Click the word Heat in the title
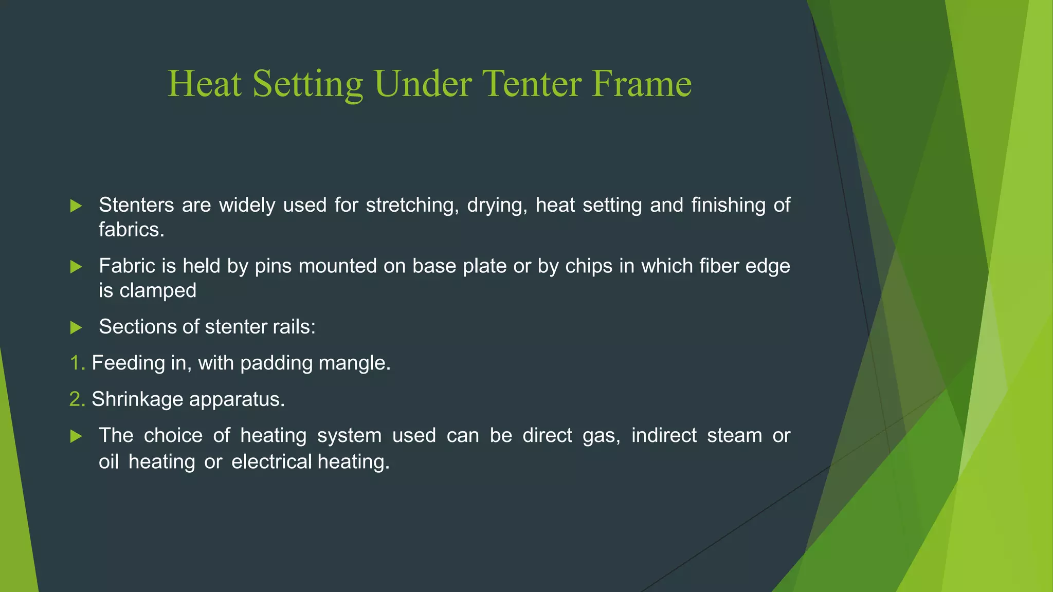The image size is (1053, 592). pos(205,84)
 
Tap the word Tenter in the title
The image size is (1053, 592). pos(533,84)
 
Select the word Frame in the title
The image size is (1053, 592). pos(641,84)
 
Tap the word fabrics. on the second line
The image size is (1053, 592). pos(132,230)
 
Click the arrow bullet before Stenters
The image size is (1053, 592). pos(76,206)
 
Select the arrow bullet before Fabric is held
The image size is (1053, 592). pos(76,267)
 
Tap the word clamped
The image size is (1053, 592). pos(158,291)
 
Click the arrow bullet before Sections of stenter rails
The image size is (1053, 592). pos(76,327)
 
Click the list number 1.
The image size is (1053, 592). pos(77,363)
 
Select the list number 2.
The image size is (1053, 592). pos(77,399)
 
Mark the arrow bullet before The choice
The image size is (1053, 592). pos(76,436)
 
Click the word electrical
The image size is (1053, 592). pos(271,461)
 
